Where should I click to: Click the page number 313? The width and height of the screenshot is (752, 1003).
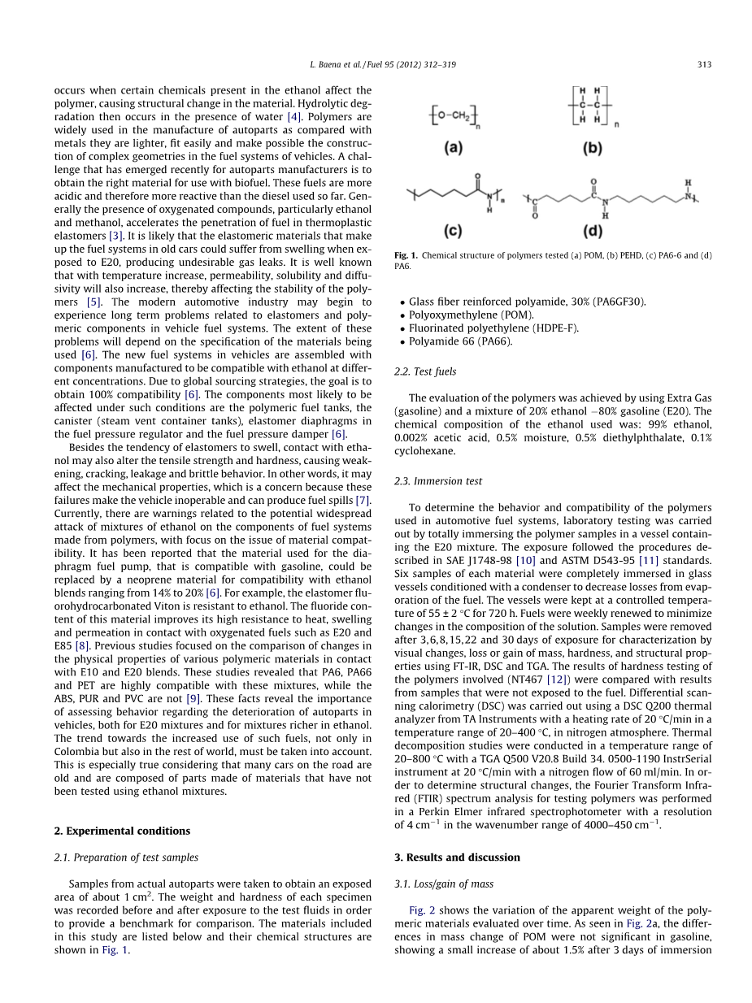704,64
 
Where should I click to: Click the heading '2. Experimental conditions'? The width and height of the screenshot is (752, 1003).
122,831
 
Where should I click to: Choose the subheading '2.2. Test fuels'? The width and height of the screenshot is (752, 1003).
424,371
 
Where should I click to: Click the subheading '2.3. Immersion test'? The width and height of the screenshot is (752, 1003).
437,481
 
